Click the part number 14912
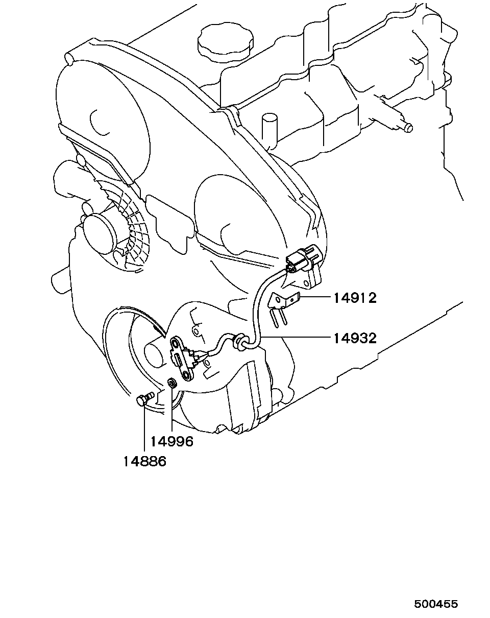point(355,297)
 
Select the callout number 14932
point(355,338)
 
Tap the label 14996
point(172,441)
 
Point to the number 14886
point(145,461)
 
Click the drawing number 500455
point(436,604)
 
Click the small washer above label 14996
point(173,382)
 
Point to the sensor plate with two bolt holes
point(182,358)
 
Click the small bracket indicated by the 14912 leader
point(282,301)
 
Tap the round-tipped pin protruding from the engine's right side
point(408,128)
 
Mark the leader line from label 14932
point(296,338)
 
